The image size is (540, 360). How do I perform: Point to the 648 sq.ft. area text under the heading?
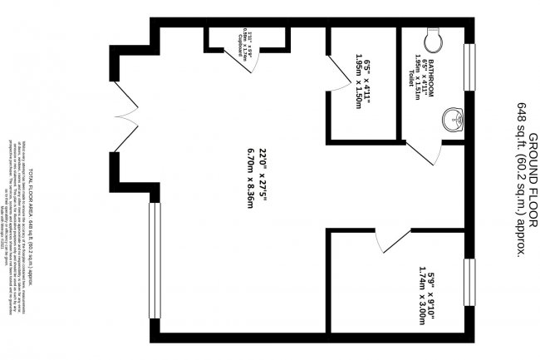pos(521,180)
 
